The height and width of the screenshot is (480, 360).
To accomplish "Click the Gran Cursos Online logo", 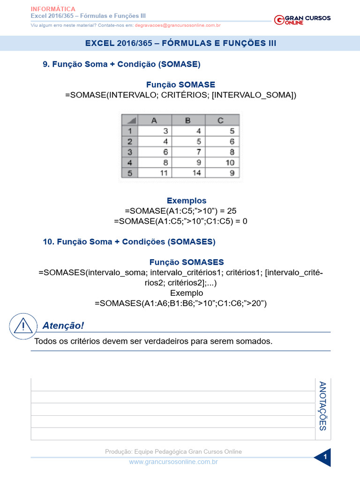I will (302, 19).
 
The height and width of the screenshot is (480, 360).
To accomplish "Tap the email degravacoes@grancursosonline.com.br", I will (178, 25).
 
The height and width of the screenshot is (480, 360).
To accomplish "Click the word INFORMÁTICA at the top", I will (53, 9).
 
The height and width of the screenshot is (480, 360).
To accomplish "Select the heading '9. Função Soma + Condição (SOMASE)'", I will (121, 64).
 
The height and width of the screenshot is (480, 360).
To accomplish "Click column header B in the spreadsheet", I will (187, 120).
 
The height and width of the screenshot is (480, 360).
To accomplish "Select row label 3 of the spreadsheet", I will (130, 152).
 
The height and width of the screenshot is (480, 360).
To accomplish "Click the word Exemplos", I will (187, 201).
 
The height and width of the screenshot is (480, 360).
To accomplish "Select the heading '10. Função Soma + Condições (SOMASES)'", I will (129, 242).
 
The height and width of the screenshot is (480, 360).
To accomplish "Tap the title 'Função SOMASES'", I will (187, 262).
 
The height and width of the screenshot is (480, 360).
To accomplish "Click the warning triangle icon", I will (23, 326).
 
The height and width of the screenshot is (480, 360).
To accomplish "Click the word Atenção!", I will (63, 325).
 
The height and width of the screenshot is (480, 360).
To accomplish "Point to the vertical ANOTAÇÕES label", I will (322, 406).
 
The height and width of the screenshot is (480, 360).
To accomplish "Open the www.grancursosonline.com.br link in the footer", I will (173, 462).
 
